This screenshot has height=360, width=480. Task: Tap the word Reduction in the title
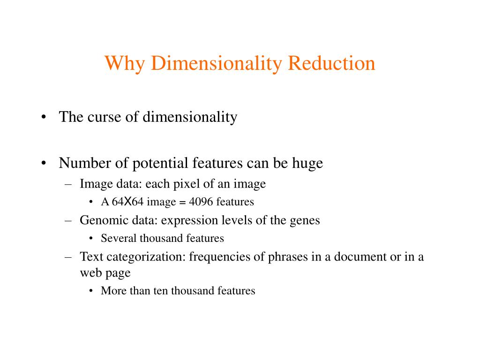click(x=331, y=63)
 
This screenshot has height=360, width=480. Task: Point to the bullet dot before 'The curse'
click(x=43, y=117)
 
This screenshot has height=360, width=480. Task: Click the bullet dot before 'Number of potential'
click(x=43, y=164)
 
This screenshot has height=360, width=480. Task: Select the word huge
click(x=307, y=164)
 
